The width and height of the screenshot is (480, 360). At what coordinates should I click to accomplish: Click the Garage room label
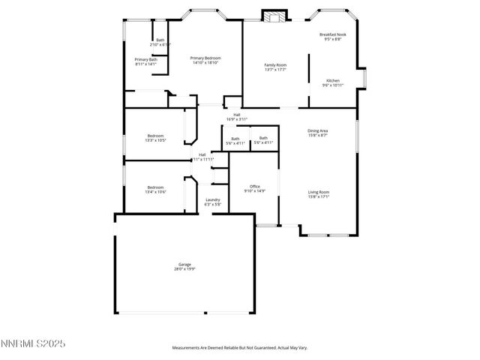(184, 264)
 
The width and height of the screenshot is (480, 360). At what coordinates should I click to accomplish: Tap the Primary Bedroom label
(205, 58)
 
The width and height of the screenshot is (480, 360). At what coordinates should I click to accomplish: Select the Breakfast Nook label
(331, 34)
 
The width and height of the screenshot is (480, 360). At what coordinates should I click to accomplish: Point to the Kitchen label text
(333, 80)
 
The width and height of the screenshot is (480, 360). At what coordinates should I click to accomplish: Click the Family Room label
(275, 65)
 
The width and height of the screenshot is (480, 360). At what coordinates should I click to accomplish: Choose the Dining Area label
(318, 130)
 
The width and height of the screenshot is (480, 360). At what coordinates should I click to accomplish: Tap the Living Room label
(319, 192)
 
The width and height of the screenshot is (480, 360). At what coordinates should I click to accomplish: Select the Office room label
(254, 186)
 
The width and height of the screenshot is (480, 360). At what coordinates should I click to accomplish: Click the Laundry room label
(213, 199)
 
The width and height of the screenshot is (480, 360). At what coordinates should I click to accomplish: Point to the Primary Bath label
(146, 59)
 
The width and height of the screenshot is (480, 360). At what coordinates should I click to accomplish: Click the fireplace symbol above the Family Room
(274, 16)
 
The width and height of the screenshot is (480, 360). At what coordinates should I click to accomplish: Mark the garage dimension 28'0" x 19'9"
(184, 268)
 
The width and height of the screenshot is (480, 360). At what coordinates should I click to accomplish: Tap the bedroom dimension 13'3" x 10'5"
(155, 140)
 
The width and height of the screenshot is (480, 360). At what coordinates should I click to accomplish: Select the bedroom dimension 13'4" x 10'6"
(155, 192)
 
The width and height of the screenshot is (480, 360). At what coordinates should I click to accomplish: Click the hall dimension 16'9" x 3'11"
(236, 119)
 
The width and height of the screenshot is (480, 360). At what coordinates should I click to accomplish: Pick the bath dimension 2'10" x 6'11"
(160, 45)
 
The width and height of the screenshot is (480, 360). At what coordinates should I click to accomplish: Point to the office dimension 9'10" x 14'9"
(254, 190)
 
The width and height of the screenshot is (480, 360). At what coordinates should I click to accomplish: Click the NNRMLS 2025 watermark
(33, 343)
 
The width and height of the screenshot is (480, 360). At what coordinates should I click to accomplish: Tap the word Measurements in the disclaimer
(187, 348)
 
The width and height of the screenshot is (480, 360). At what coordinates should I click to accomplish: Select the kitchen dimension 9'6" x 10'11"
(333, 85)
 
